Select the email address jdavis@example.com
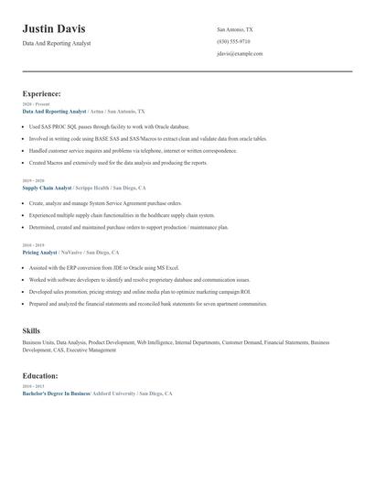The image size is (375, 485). (240, 54)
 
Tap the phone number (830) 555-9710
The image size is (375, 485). (235, 42)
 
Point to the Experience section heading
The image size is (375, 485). (42, 93)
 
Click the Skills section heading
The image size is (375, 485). (31, 330)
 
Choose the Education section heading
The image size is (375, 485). (40, 376)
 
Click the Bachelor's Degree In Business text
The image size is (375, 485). (56, 393)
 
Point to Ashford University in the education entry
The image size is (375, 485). (113, 393)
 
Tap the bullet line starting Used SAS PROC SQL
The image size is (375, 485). (109, 127)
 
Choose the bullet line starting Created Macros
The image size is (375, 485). (118, 163)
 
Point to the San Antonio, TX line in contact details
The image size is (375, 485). (235, 30)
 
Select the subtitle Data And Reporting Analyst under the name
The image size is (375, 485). (57, 43)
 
